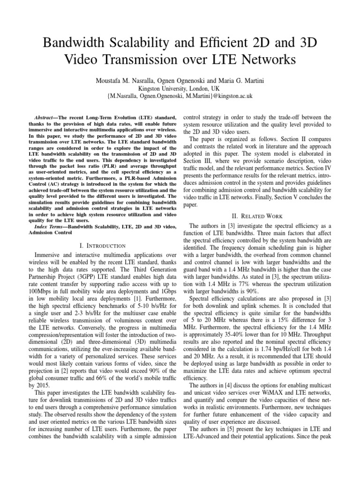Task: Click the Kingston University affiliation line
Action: click(x=180, y=88)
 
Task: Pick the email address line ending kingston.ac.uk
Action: click(x=180, y=96)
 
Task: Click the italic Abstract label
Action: click(x=46, y=117)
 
